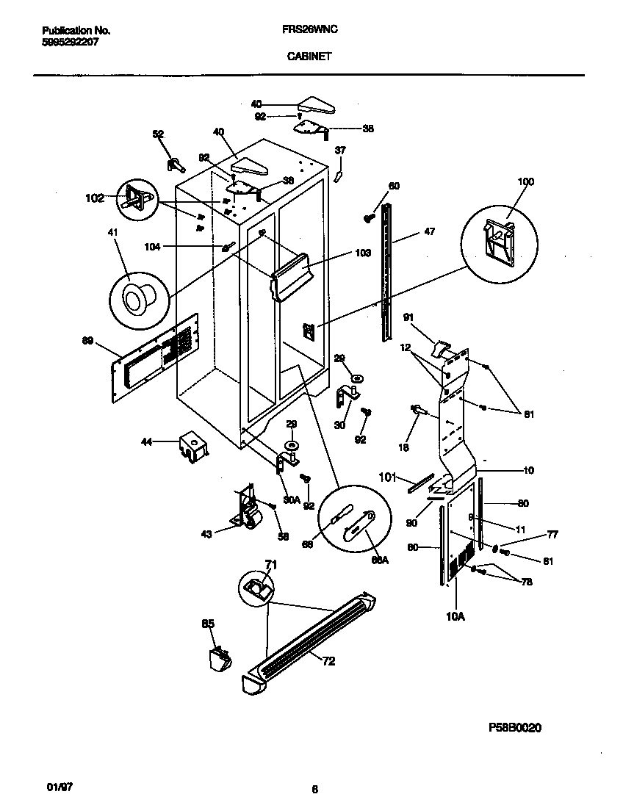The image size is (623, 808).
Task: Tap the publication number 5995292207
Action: click(x=71, y=42)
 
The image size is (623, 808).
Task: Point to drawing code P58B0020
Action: click(x=514, y=728)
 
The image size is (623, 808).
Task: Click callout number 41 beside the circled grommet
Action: click(x=112, y=233)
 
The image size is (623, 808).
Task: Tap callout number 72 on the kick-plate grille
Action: click(x=328, y=661)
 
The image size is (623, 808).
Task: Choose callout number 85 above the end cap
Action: click(x=208, y=624)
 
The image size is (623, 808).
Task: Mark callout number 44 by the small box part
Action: click(x=147, y=441)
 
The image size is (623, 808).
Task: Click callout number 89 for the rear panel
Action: click(x=88, y=341)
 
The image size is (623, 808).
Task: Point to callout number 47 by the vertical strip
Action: click(x=429, y=232)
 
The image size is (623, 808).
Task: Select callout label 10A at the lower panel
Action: click(x=455, y=617)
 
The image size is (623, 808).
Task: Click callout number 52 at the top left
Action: click(x=158, y=134)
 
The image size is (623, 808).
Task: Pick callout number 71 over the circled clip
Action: click(x=270, y=563)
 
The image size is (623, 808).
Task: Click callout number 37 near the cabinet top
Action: click(x=340, y=150)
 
